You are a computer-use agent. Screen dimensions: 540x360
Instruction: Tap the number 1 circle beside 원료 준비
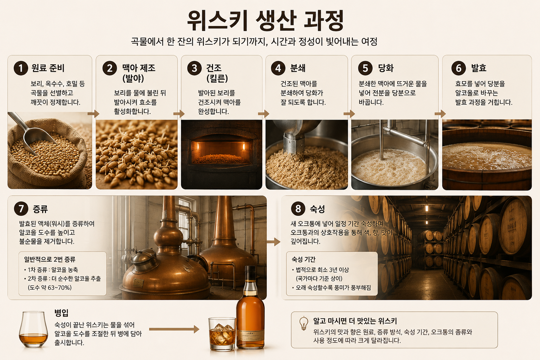point(21,68)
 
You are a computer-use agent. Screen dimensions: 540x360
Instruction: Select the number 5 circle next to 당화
point(366,68)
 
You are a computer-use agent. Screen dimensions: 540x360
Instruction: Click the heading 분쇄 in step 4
point(298,68)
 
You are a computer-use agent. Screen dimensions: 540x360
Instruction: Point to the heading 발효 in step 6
point(479,68)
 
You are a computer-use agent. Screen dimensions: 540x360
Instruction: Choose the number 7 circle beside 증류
point(21,208)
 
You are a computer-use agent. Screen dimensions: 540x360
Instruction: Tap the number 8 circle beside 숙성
point(298,208)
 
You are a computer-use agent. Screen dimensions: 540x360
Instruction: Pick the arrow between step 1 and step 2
point(94,114)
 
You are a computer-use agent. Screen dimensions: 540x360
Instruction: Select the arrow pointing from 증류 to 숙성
point(274,242)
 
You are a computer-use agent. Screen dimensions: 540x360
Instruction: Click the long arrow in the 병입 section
point(174,329)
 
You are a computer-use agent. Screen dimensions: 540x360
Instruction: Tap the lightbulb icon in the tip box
point(304,323)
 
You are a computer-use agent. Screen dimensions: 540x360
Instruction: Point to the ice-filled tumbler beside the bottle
point(222,334)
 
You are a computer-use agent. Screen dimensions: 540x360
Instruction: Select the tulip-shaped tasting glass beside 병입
point(33,329)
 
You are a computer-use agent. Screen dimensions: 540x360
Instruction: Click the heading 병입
point(62,313)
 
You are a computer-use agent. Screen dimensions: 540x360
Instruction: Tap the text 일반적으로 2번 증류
point(50,259)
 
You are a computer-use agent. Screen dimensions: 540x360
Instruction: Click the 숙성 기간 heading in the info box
point(303,259)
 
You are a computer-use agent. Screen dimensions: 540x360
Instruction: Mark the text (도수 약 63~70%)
point(50,288)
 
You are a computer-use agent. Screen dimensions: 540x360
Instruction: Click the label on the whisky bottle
point(250,334)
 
